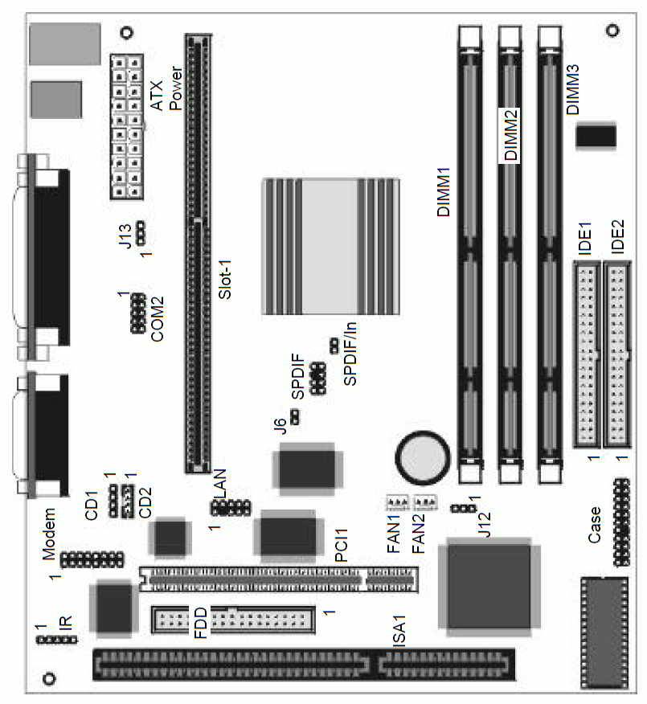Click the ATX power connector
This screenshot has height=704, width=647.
tap(127, 127)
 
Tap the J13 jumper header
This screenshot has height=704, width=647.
tap(141, 234)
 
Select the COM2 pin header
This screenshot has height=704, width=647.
tap(138, 313)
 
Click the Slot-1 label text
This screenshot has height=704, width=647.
tap(225, 279)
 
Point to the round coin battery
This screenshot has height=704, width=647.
tap(423, 458)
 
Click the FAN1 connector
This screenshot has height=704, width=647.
tap(398, 501)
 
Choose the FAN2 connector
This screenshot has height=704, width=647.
tap(424, 501)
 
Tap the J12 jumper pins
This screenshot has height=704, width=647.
tap(464, 508)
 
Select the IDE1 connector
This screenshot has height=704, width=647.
tap(587, 354)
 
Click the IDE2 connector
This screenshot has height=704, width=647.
tap(617, 354)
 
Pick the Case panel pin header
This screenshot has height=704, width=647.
tap(621, 522)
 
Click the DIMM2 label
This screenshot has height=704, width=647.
tap(510, 136)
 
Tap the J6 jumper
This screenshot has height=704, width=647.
tap(295, 417)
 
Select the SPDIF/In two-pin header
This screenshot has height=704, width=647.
tap(334, 346)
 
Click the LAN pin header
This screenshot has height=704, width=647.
tap(231, 507)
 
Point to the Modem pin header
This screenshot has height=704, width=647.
tap(92, 559)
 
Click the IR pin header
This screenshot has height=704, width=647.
tap(56, 640)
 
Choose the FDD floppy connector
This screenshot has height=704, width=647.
tap(233, 620)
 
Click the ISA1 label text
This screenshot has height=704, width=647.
tap(399, 630)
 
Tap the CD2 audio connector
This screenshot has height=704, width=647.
tap(128, 501)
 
